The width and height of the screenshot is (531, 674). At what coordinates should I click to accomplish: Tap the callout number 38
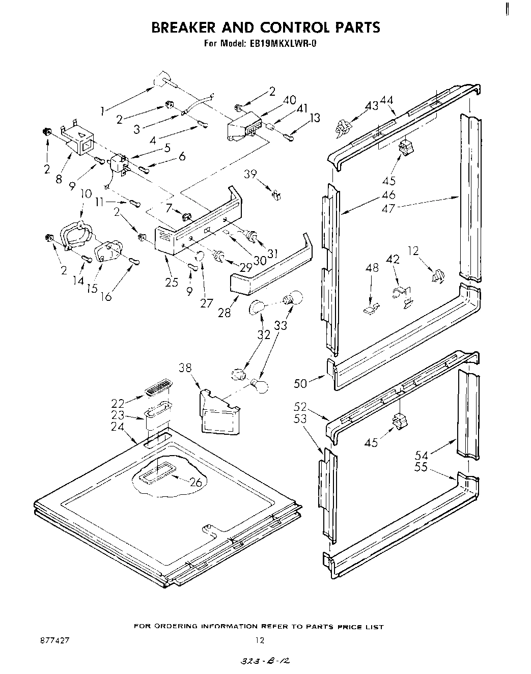186,368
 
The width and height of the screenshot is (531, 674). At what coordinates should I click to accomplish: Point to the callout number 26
196,482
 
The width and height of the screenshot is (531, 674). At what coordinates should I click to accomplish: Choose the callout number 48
372,267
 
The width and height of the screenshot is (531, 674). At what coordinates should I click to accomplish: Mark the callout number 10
86,194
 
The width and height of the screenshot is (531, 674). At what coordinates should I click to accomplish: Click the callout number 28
224,312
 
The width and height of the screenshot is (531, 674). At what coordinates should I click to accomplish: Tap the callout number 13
315,118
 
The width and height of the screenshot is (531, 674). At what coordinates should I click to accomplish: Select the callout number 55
421,466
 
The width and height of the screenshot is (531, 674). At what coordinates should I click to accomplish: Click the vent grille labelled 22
158,391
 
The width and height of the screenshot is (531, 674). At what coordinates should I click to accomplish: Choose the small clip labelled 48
371,307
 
